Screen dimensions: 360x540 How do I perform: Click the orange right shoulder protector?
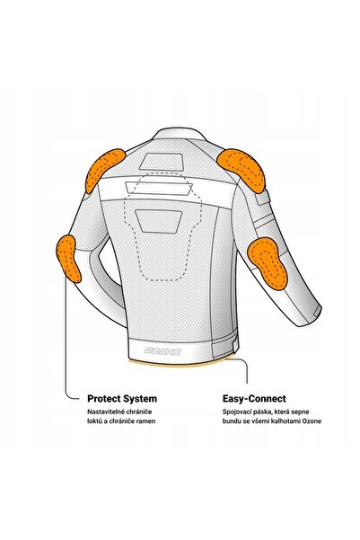pyautogui.click(x=242, y=168)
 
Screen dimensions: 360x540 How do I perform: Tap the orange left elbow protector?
pyautogui.click(x=69, y=258)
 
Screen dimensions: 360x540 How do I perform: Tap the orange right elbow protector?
pyautogui.click(x=268, y=263)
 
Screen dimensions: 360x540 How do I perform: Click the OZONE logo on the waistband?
pyautogui.click(x=162, y=351)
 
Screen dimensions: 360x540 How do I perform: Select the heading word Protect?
pyautogui.click(x=103, y=399)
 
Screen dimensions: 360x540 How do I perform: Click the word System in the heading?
pyautogui.click(x=140, y=399)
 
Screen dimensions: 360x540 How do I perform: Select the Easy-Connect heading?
pyautogui.click(x=254, y=399)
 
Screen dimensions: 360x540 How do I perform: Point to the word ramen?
pyautogui.click(x=147, y=421)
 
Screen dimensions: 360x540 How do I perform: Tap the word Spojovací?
pyautogui.click(x=237, y=412)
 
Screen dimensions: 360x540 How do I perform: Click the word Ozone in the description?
pyautogui.click(x=312, y=421)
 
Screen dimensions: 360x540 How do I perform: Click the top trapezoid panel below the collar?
pyautogui.click(x=161, y=162)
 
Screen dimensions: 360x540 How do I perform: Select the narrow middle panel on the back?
pyautogui.click(x=159, y=188)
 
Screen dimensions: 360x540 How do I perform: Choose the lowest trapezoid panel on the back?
pyautogui.click(x=158, y=221)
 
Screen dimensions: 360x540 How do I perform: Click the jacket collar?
pyautogui.click(x=179, y=134)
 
